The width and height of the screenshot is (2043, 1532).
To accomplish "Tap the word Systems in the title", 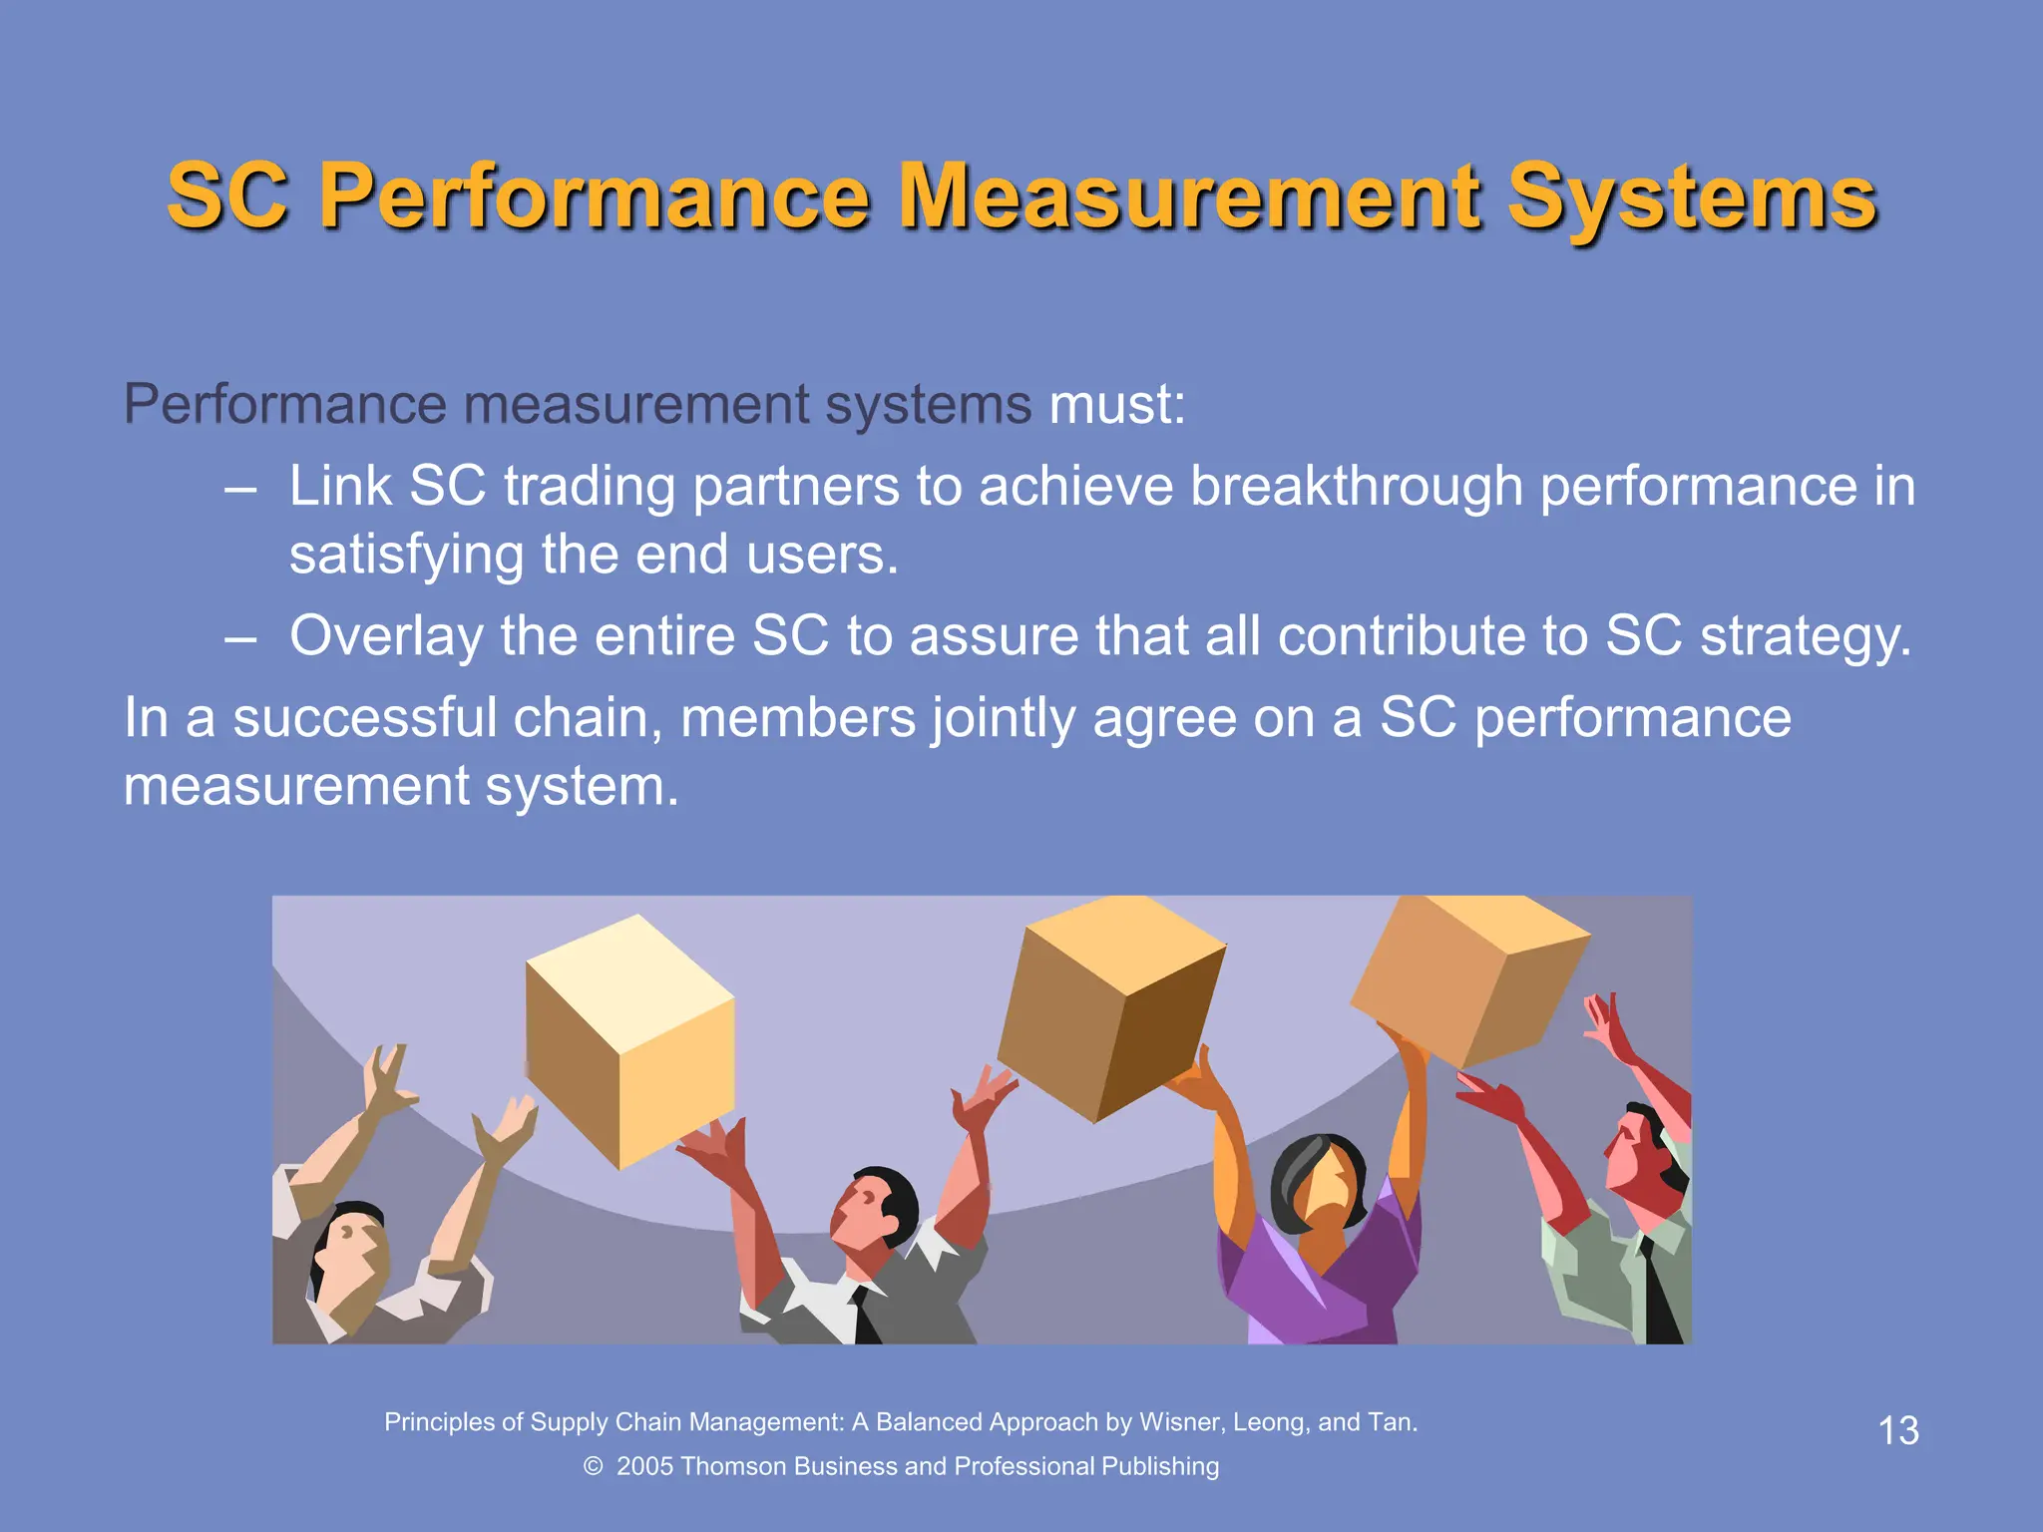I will pos(1692,199).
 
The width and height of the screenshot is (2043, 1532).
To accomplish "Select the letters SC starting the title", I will pos(227,196).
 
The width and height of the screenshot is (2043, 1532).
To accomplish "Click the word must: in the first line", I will pos(1117,405).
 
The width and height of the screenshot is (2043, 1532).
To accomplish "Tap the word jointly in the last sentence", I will pos(1003,719).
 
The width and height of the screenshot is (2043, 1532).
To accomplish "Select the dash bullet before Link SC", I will pos(240,490).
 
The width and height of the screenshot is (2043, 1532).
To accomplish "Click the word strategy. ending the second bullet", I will pos(1806,636).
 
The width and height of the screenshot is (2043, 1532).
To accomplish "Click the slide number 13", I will pos(1897,1431).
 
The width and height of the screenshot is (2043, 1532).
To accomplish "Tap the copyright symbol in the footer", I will pos(593,1466).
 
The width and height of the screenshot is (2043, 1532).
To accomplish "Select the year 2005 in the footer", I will pos(645,1466).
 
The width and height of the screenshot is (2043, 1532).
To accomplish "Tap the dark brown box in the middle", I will pos(1112,1007).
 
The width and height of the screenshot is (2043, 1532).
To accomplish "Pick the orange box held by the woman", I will pos(1466,977).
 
